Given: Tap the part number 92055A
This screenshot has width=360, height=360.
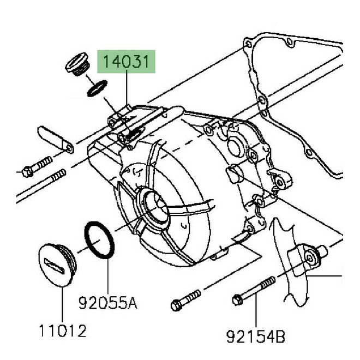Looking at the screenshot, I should pos(107,301).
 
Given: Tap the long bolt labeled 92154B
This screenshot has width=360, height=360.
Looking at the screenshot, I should pos(254,292).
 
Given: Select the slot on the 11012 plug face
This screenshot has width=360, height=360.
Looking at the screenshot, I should pos(56,265).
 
